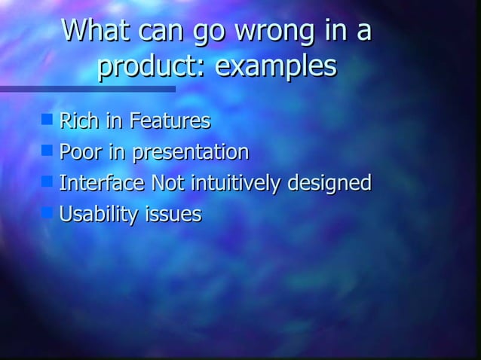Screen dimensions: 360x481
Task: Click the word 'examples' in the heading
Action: pyautogui.click(x=276, y=67)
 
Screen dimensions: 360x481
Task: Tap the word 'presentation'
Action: pyautogui.click(x=191, y=153)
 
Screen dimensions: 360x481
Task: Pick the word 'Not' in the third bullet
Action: pyautogui.click(x=168, y=183)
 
